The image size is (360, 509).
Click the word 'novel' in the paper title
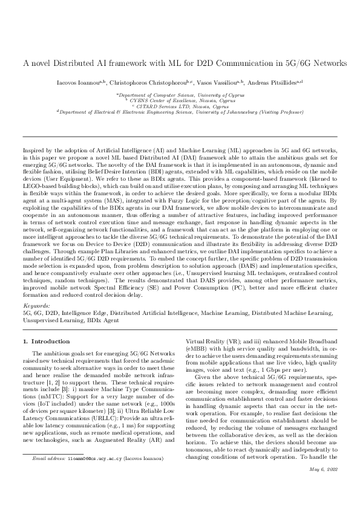tap(39, 63)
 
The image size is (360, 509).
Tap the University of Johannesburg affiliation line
tap(180, 111)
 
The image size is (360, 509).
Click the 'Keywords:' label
tap(34, 307)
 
